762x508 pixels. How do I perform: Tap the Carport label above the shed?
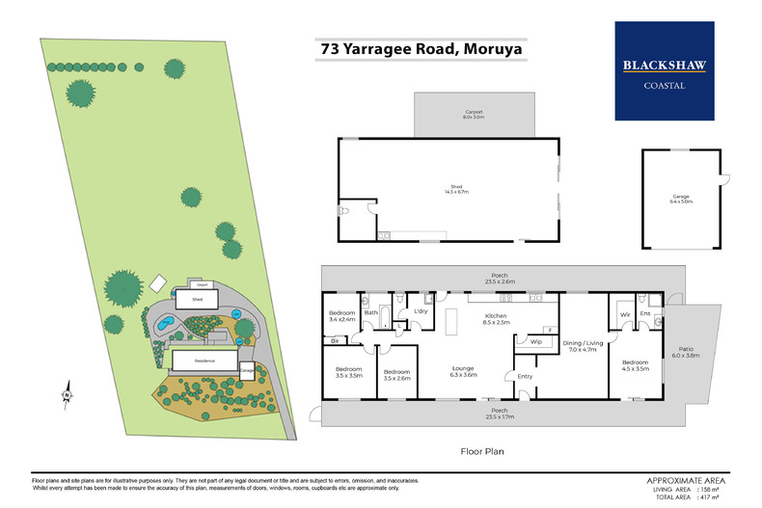click(472, 114)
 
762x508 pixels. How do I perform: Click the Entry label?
click(525, 376)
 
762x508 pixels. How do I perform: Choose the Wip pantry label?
click(535, 341)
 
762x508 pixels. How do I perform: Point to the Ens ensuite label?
click(645, 313)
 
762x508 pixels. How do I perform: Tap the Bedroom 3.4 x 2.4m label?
click(341, 316)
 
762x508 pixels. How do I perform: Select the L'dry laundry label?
click(421, 312)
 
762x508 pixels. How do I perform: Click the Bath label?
click(370, 312)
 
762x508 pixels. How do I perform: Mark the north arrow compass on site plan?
click(66, 392)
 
